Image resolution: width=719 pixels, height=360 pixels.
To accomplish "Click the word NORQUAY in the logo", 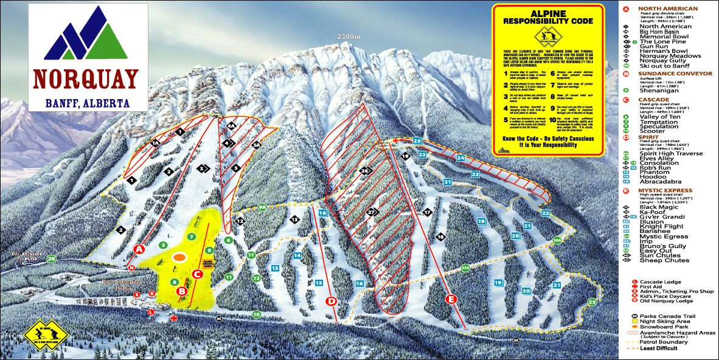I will click(x=85, y=79).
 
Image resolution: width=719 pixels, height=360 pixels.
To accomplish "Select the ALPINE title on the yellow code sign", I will click(x=548, y=13).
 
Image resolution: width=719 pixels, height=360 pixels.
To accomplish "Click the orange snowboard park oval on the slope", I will click(x=179, y=257).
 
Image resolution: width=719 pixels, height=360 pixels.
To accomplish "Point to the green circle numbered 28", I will click(x=51, y=259).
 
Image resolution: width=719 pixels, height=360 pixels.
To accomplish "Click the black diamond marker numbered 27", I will click(x=372, y=212).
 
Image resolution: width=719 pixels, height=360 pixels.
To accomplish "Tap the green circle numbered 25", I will click(x=592, y=302).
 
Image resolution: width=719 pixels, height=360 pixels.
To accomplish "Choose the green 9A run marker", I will click(x=262, y=207).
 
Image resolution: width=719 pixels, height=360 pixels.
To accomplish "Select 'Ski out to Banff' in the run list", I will click(x=665, y=66).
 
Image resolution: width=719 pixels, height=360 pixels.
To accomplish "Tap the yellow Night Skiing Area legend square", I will click(x=634, y=322).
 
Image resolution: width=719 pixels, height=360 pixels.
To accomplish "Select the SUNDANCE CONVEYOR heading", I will click(x=675, y=74).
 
